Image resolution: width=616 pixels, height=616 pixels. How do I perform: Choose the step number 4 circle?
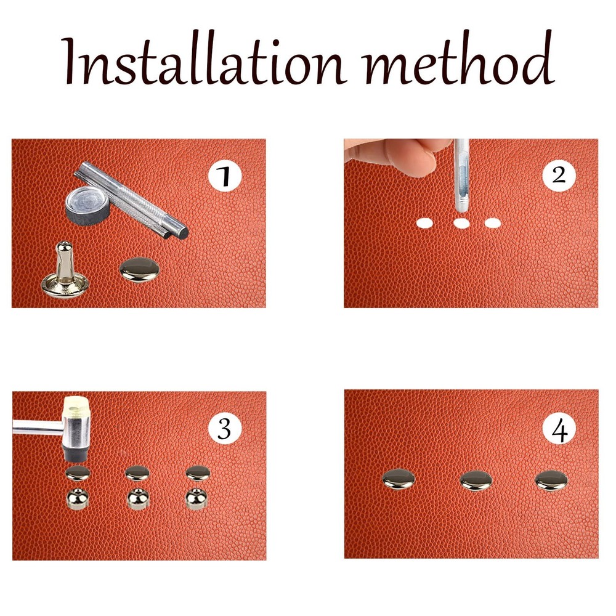[559, 429]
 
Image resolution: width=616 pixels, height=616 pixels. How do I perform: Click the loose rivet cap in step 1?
[139, 270]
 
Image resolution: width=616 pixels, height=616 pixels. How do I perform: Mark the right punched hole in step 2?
[492, 223]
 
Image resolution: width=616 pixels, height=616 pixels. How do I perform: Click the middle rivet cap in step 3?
[137, 473]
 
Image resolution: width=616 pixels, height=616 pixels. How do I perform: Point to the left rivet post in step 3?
[78, 498]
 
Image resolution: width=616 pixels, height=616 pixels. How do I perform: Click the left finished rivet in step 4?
[399, 479]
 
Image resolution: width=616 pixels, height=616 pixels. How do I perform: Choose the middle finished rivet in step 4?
[476, 480]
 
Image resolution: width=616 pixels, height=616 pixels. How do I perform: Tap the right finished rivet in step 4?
[551, 480]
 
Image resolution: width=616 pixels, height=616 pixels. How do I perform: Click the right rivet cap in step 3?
[198, 473]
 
